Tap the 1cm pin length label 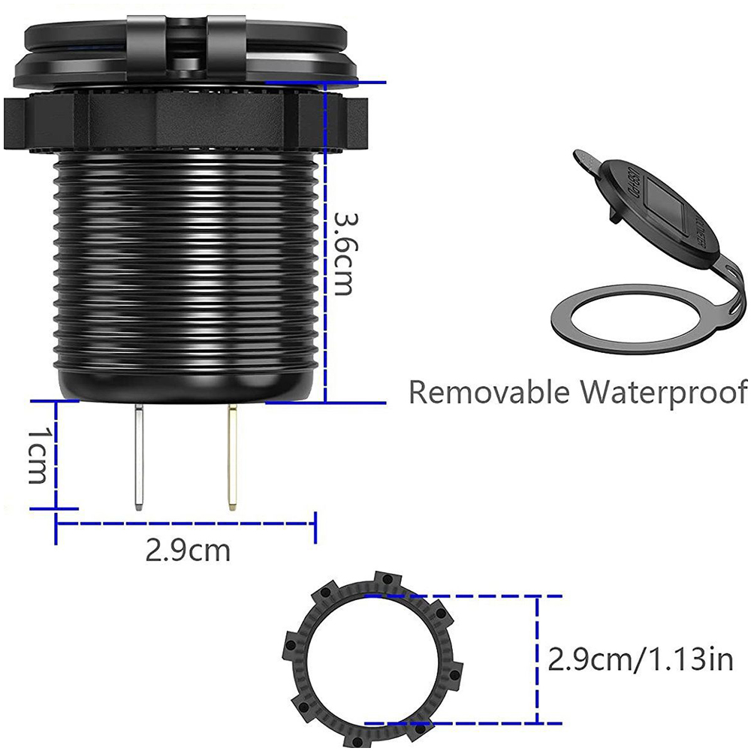click(x=37, y=455)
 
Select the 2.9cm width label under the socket click(x=188, y=550)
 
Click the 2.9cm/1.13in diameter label click(x=640, y=659)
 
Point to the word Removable click(x=489, y=392)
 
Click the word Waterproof click(x=664, y=393)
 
